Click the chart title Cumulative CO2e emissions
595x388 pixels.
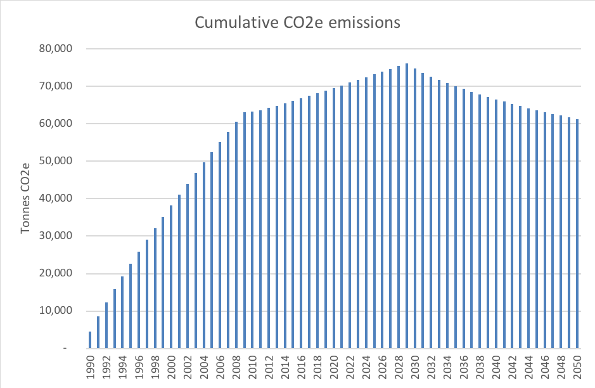click(297, 23)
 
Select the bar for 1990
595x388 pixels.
click(90, 340)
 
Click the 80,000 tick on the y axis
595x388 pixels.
click(56, 49)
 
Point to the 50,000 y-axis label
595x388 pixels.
click(56, 161)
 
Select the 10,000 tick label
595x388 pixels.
click(56, 311)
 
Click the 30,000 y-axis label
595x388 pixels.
click(56, 236)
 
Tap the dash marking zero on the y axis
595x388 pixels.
click(65, 349)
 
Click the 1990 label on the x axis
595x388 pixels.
click(90, 368)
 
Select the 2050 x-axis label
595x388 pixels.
click(577, 368)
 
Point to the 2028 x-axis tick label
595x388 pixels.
click(399, 368)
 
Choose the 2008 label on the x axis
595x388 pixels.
click(236, 368)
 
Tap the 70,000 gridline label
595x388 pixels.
click(56, 86)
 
